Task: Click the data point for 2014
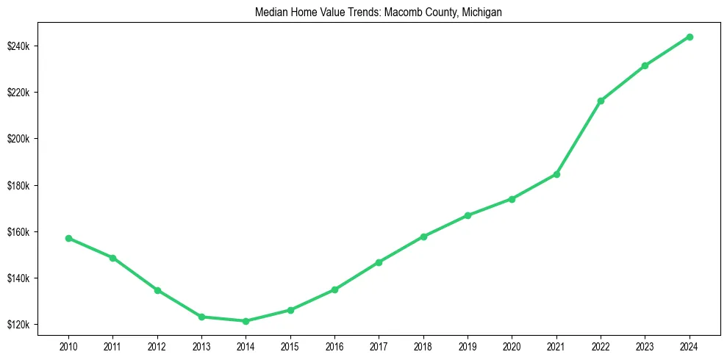click(246, 321)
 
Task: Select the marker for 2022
click(601, 101)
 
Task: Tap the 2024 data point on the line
click(690, 37)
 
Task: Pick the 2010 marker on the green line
click(68, 238)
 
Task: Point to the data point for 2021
click(556, 174)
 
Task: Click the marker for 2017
click(379, 262)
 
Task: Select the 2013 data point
click(201, 317)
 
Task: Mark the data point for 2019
click(468, 215)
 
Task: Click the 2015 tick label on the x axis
click(290, 345)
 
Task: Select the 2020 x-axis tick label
click(512, 345)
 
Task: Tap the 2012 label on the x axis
click(157, 345)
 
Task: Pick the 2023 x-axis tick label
click(645, 345)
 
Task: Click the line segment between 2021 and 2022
click(579, 137)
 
